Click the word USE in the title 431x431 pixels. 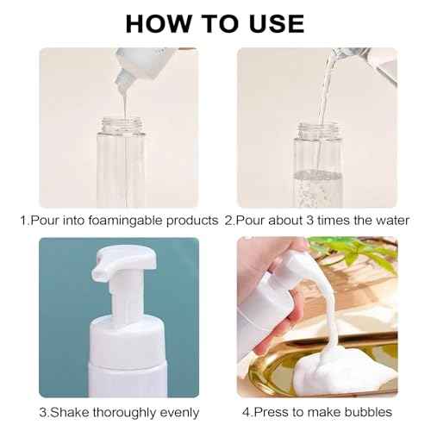(273, 22)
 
